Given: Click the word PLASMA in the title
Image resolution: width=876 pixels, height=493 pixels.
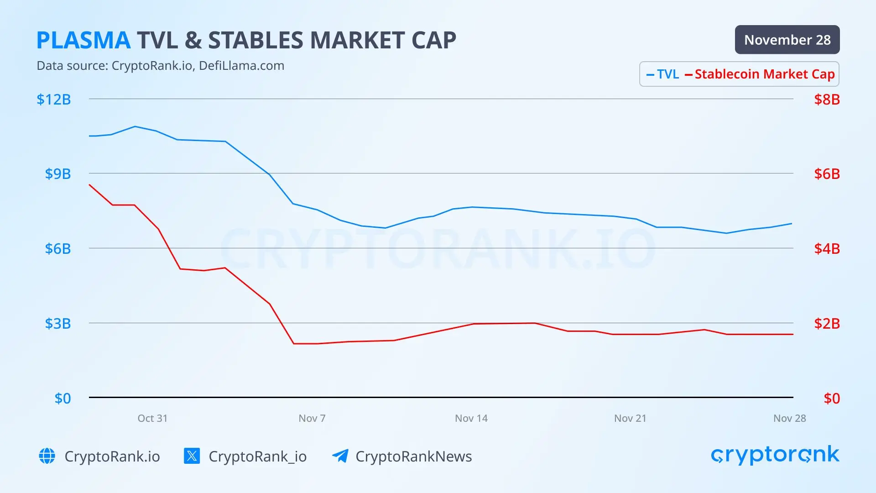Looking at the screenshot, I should point(83,40).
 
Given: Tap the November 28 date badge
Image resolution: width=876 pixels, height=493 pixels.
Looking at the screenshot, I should point(787,40).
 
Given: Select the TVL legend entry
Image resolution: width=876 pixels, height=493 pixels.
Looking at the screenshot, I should point(664,74).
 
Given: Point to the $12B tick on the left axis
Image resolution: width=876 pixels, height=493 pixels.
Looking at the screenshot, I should point(54,100).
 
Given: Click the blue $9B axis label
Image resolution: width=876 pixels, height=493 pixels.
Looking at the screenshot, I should point(58,174).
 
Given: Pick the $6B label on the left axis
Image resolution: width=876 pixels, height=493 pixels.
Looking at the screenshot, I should point(58,249).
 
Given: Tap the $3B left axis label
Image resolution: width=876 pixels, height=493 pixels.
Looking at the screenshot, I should point(58,324).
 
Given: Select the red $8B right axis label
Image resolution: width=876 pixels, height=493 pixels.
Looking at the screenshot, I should point(827,100).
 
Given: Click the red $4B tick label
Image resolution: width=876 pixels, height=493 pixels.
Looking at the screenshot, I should point(827,249).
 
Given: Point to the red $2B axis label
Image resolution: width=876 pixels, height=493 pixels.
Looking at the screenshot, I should point(827,324).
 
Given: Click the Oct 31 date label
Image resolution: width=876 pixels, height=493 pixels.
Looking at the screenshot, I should point(152,418).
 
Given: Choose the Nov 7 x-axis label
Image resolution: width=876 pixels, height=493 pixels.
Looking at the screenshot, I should point(312,418).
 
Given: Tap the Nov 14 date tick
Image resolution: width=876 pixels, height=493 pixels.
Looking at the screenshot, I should point(471,418).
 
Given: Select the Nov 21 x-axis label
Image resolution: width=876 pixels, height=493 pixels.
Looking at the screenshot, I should point(630,418).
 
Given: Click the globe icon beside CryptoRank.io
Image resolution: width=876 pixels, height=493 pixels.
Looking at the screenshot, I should point(47,456).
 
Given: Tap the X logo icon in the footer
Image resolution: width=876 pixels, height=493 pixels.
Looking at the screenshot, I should point(192,456).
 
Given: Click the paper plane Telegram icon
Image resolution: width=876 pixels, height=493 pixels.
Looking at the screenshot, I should point(340,456).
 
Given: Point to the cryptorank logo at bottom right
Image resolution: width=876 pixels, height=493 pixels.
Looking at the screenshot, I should point(775,455).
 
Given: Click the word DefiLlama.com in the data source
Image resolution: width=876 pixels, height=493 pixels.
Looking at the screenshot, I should point(241,66).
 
